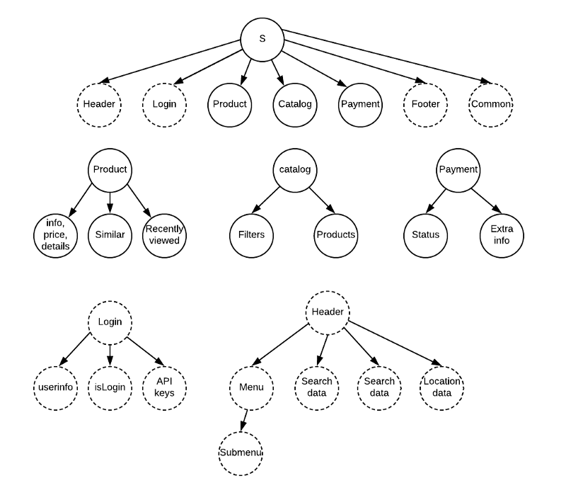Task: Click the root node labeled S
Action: click(262, 38)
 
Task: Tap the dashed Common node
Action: click(490, 104)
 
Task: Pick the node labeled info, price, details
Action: click(56, 234)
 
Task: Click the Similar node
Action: click(110, 234)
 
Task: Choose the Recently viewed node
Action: click(164, 234)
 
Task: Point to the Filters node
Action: click(251, 234)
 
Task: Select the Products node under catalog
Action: click(335, 234)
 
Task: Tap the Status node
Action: click(425, 234)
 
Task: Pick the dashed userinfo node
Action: click(56, 387)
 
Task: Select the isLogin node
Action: click(110, 387)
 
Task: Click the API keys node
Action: click(164, 387)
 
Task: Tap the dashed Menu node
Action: click(251, 387)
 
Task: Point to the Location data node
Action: click(441, 387)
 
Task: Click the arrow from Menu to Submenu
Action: click(245, 420)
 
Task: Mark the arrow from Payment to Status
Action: click(441, 202)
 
